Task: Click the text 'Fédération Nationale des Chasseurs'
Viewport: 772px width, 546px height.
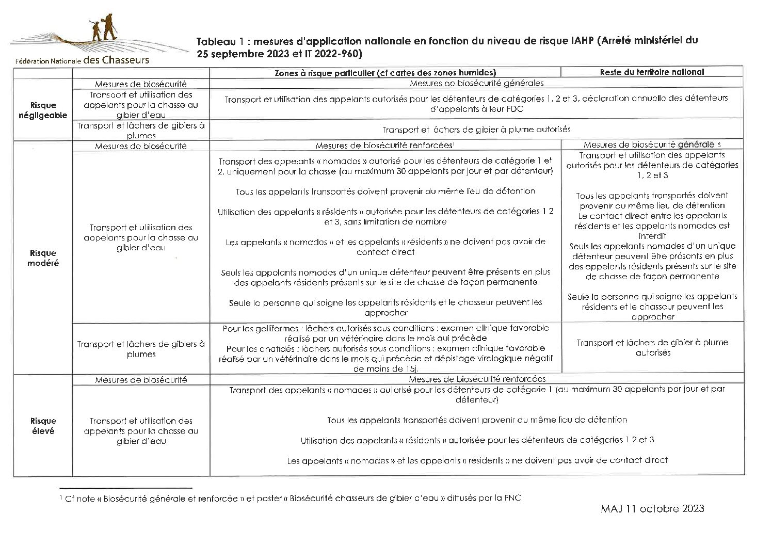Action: (x=82, y=60)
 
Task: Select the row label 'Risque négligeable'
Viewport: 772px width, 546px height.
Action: (x=43, y=110)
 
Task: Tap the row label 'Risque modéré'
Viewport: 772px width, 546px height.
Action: (x=43, y=258)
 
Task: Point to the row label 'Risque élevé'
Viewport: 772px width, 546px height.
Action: (x=43, y=426)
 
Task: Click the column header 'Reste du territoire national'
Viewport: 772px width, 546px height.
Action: (x=652, y=72)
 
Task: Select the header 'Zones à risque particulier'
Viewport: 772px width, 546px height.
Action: (x=385, y=73)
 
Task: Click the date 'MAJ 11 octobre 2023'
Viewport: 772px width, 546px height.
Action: (x=652, y=509)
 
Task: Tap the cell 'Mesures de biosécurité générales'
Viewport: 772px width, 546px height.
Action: (x=476, y=83)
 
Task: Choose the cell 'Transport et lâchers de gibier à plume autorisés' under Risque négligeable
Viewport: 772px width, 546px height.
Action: (x=476, y=130)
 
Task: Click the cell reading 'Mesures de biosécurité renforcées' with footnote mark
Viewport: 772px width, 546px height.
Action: (x=385, y=146)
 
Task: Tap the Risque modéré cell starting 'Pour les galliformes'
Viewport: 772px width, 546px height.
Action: (x=385, y=348)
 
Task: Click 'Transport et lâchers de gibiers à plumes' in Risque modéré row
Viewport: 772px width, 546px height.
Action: (x=141, y=349)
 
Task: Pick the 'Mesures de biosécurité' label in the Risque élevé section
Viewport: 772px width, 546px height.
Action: (x=141, y=380)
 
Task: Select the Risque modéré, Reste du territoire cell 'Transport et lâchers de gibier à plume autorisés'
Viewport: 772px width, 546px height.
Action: (x=652, y=347)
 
